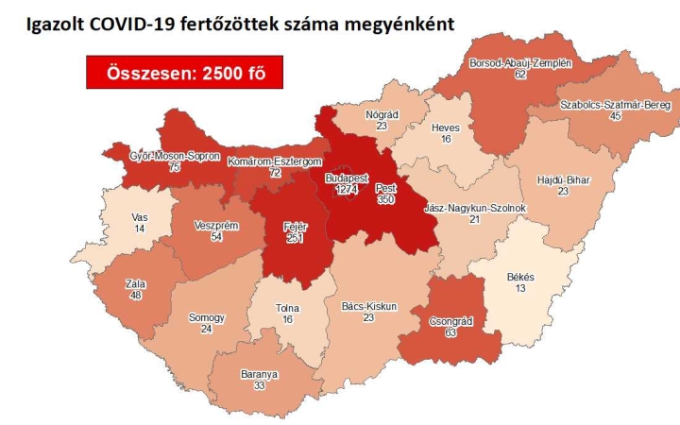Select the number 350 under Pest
(385, 200)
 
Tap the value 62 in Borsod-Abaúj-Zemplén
(519, 74)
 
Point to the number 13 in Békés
(520, 288)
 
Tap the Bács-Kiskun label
(368, 306)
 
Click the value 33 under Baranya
(252, 385)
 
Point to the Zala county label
(134, 282)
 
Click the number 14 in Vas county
(140, 229)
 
